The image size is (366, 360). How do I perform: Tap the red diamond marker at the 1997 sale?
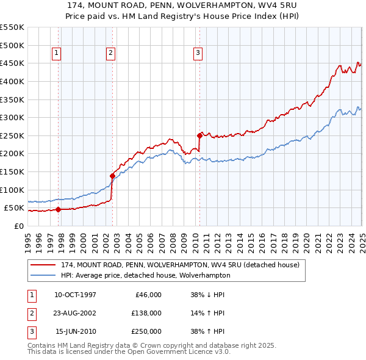[x=58, y=209]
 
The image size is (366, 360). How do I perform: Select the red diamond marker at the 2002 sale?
[x=112, y=176]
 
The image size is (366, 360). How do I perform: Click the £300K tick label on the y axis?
[x=12, y=117]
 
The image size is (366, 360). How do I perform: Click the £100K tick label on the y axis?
[x=12, y=190]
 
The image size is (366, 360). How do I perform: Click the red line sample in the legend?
[x=43, y=265]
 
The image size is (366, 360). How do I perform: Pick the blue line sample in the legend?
[x=43, y=276]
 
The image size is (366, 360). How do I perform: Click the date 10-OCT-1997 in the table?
[x=75, y=295]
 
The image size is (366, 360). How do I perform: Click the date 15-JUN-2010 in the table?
[x=75, y=331]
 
